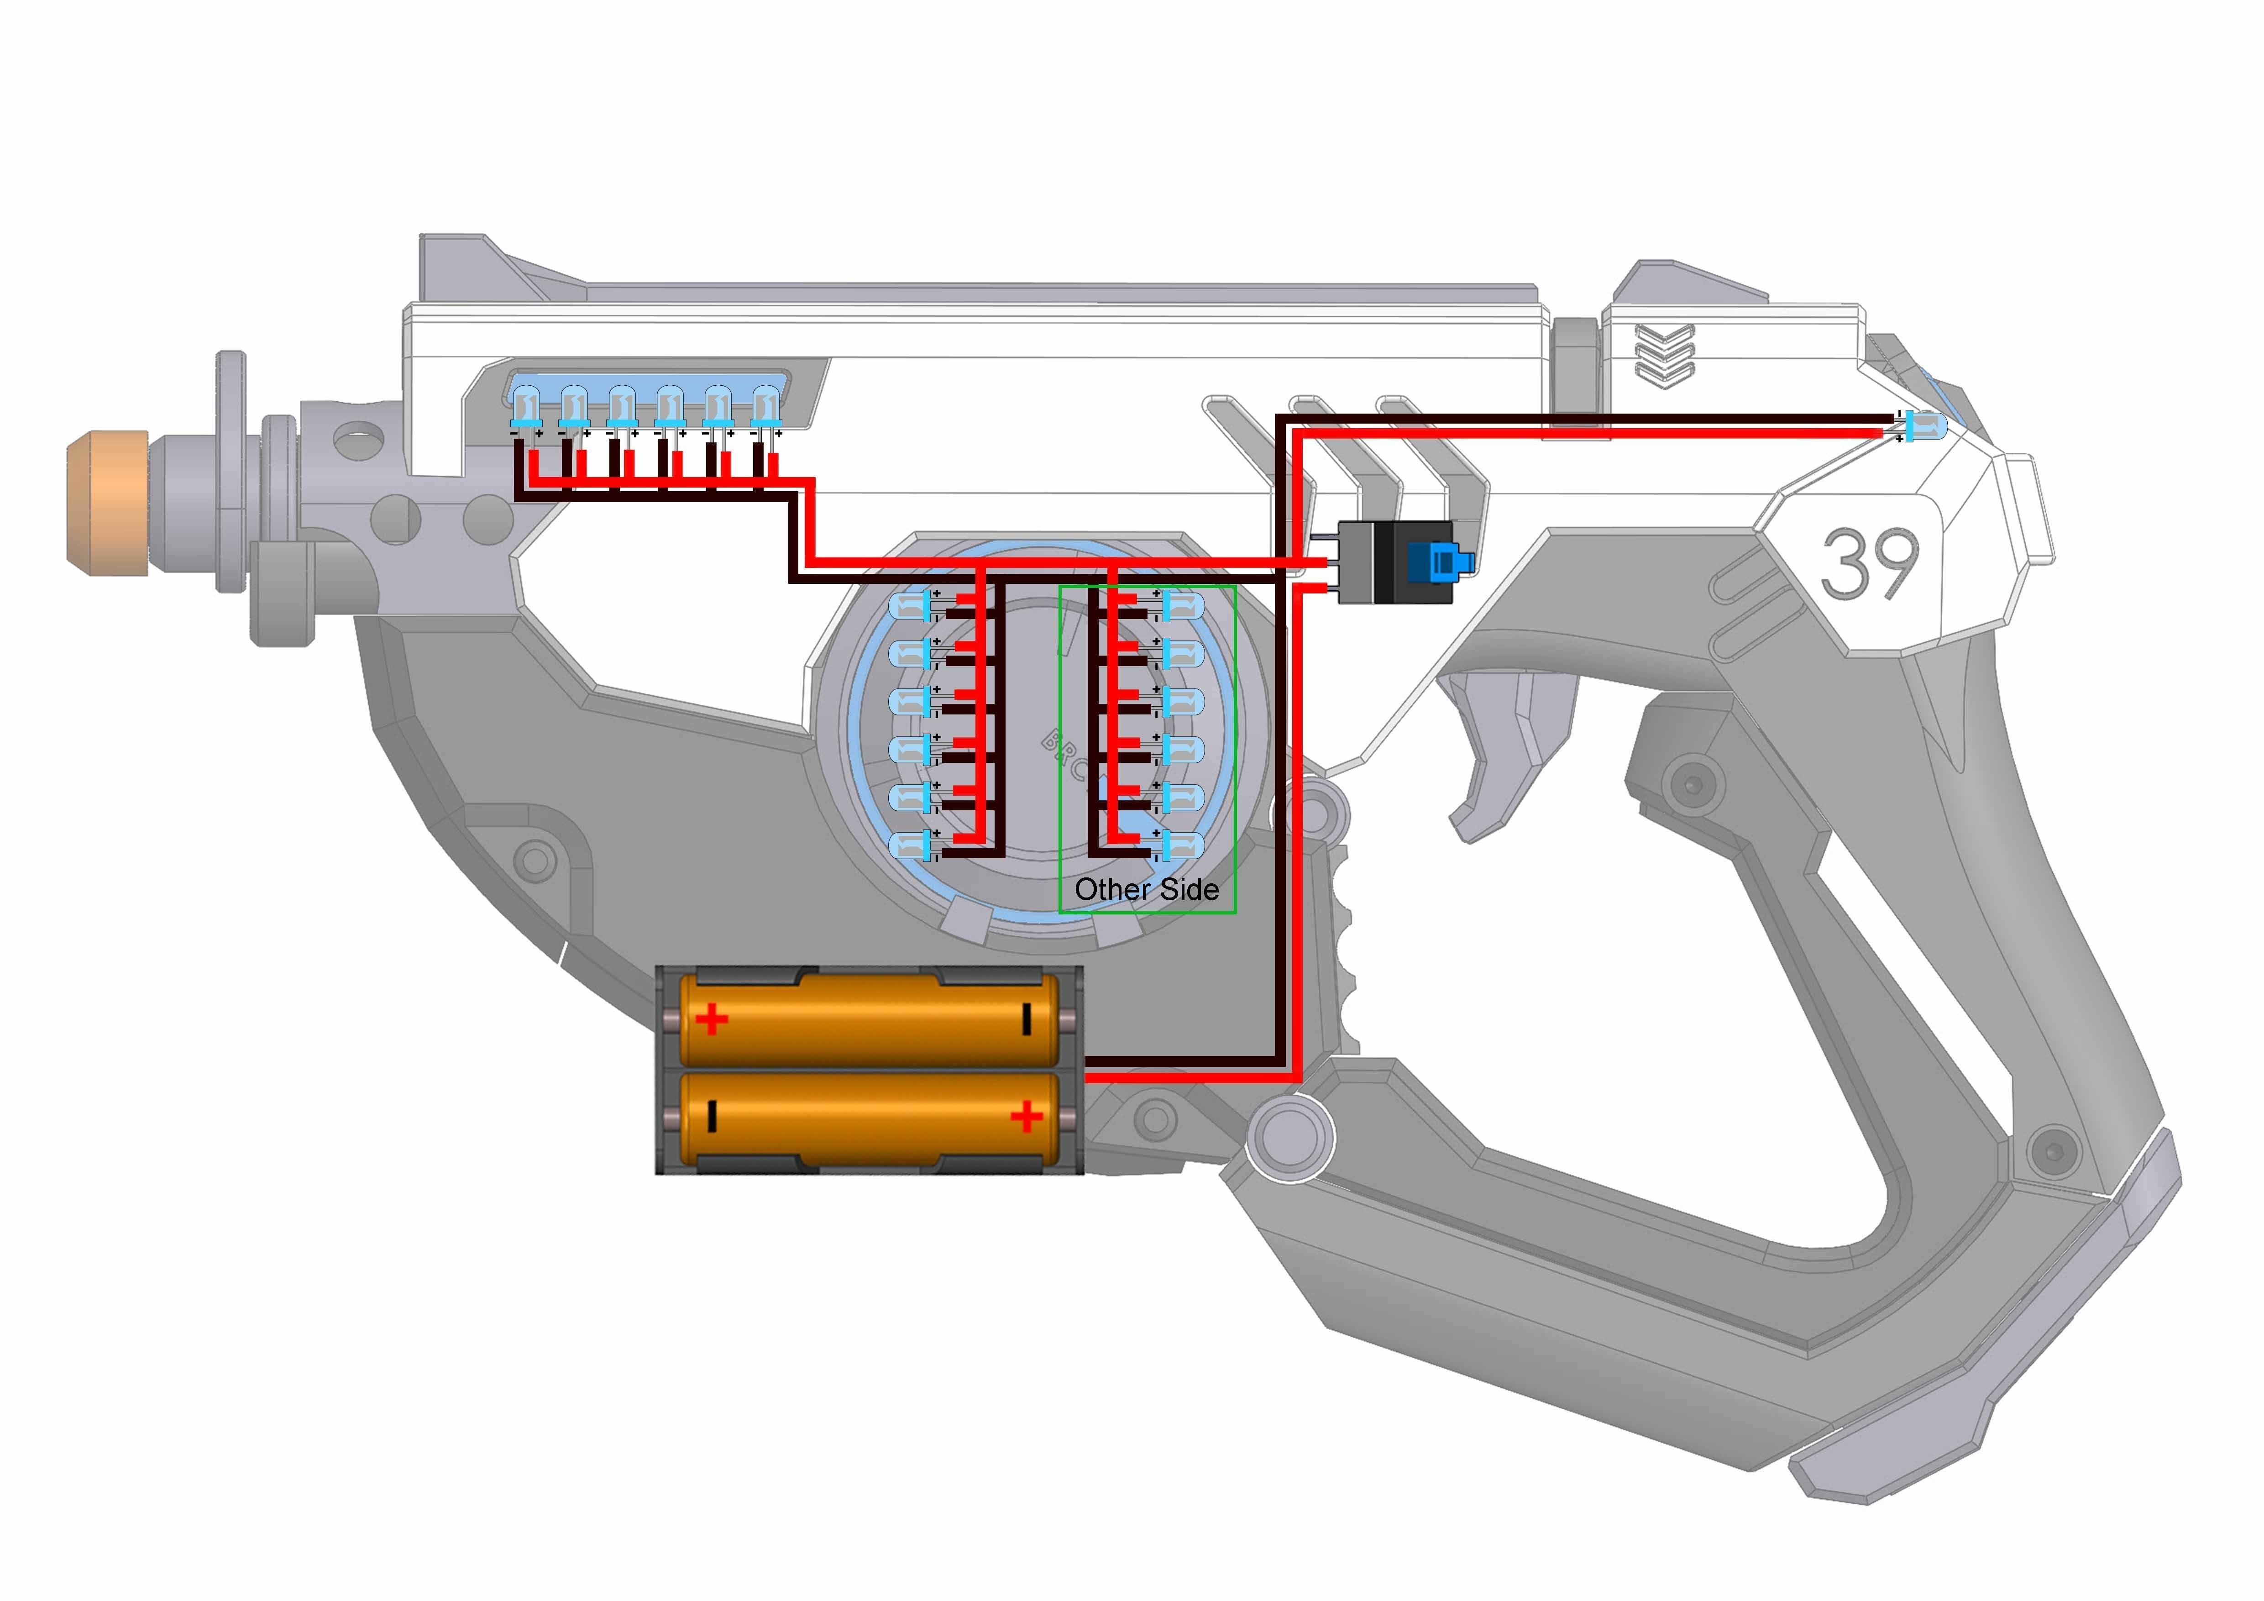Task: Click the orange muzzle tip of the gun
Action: point(106,503)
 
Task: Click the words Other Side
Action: point(1146,890)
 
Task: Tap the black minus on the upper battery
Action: point(1027,1019)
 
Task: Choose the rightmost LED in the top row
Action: point(766,406)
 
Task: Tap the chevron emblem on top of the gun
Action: point(1665,353)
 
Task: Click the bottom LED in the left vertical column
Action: point(910,845)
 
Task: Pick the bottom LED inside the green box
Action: point(1181,845)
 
